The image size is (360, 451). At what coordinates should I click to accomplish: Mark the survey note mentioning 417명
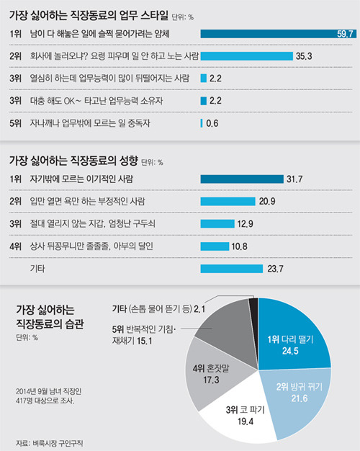[49, 399]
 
